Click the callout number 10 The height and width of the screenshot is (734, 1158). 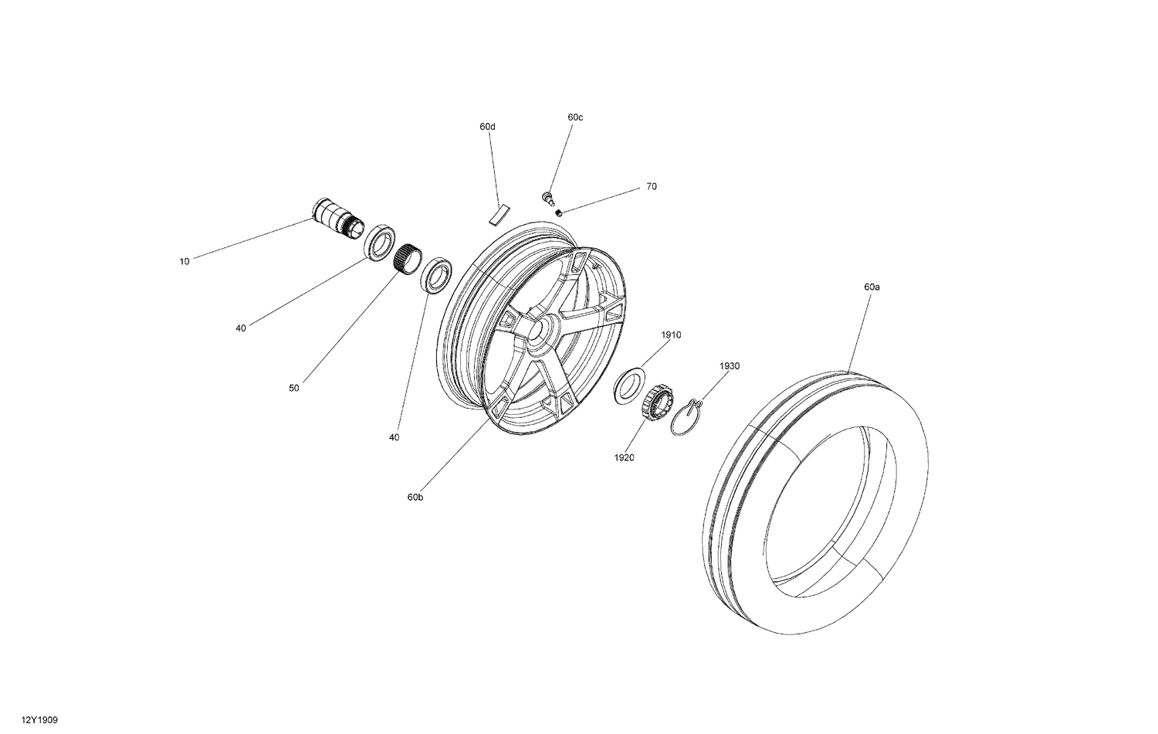184,261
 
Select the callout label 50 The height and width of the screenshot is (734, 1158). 293,388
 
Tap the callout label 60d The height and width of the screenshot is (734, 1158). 487,126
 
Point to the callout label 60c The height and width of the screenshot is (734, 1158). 575,117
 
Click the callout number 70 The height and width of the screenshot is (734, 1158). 652,186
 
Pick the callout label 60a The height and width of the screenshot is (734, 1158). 872,286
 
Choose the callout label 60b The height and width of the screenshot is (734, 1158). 415,497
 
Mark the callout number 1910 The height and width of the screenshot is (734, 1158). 671,335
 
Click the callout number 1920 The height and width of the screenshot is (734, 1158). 624,457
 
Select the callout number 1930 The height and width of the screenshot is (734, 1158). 730,365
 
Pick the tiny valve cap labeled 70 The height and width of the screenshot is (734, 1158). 558,212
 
